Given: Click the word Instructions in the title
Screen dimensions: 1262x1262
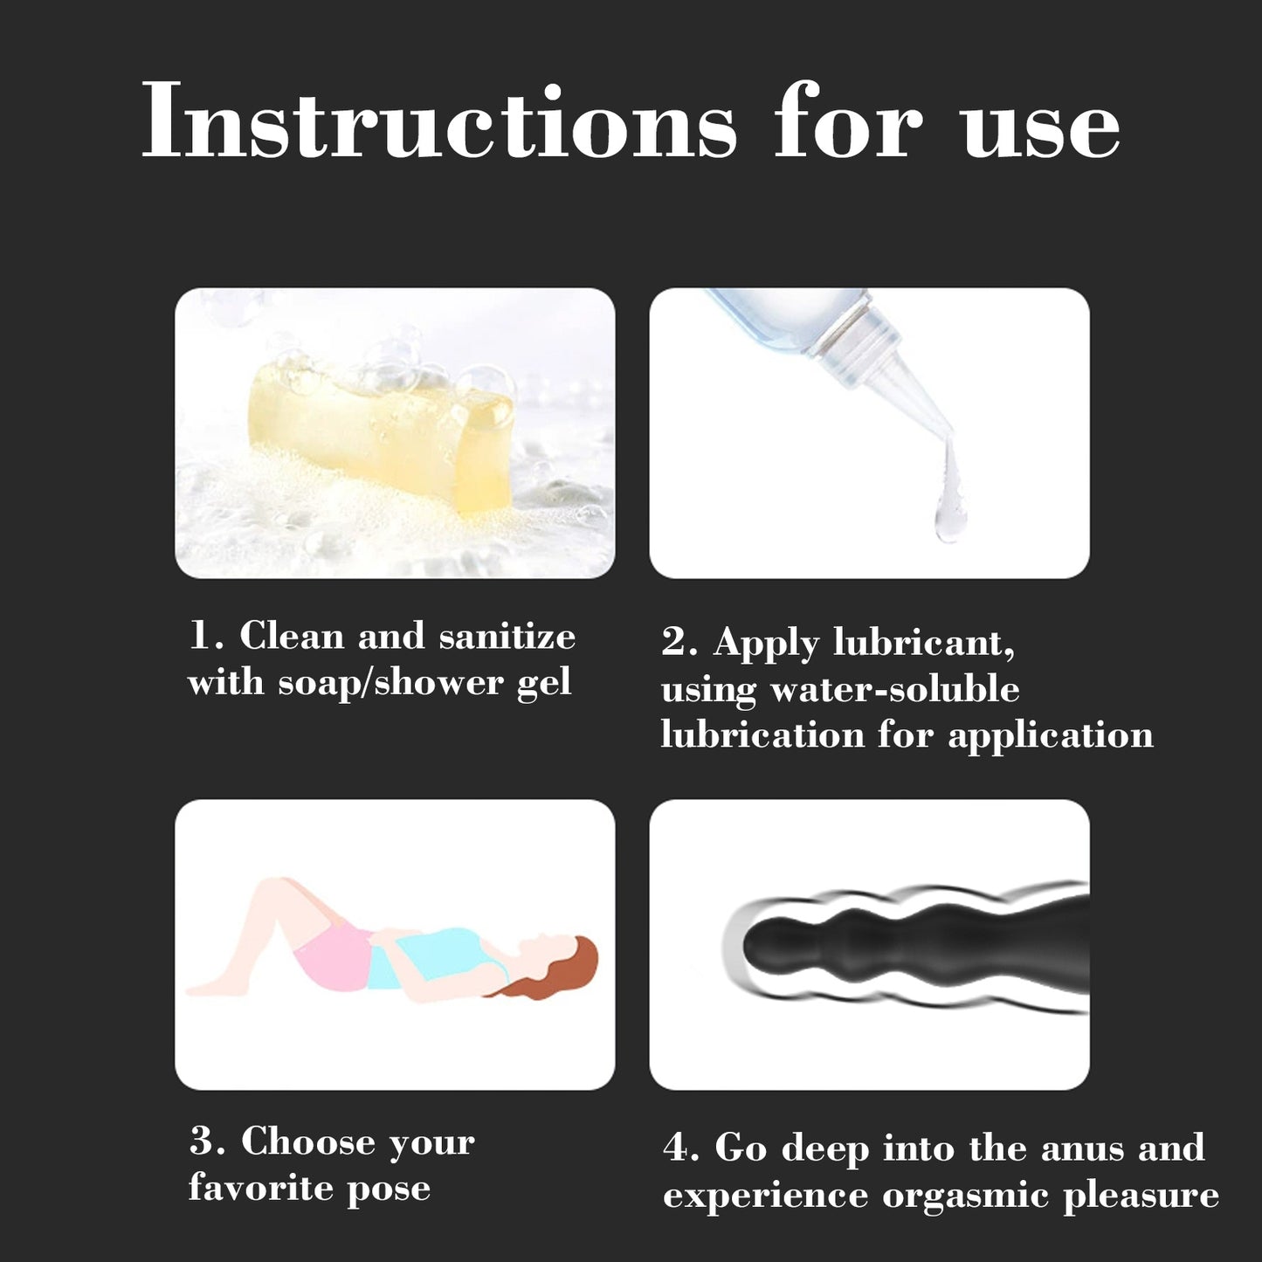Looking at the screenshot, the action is coord(439,121).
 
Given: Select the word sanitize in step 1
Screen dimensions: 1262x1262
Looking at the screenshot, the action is coord(507,637).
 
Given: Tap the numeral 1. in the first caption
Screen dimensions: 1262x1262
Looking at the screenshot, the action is coord(207,637).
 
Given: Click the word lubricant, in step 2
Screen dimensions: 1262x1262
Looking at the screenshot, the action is coord(924,643).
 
